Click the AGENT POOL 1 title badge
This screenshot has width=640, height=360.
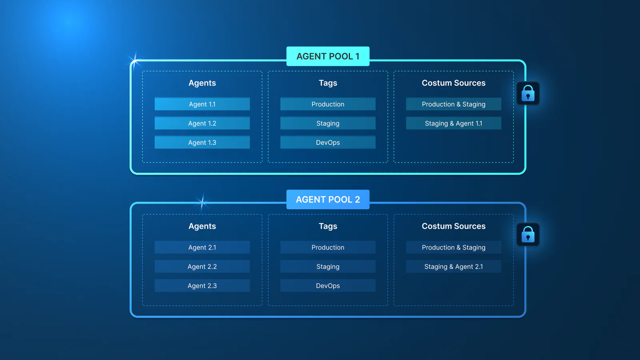point(328,56)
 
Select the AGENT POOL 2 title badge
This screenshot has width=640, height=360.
point(328,200)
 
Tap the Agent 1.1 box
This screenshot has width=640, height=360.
point(202,104)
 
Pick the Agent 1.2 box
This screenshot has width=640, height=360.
point(202,123)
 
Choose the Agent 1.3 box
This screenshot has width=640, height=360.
point(202,142)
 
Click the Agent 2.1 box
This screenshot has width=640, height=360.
point(202,247)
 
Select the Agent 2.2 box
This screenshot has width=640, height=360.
point(202,266)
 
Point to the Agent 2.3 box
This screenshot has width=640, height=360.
point(202,286)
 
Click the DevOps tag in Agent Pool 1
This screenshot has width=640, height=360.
point(328,142)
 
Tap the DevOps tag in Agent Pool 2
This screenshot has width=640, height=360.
point(328,286)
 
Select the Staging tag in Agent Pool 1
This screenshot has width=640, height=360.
point(328,123)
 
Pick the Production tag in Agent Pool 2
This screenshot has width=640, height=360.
point(328,247)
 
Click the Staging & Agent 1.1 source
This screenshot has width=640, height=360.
point(453,123)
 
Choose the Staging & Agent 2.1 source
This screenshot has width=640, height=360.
point(453,266)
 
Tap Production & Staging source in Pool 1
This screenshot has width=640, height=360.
point(453,104)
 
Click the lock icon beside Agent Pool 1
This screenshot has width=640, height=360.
point(528,94)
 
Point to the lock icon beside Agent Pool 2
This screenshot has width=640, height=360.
point(528,235)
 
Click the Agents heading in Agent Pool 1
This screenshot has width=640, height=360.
point(202,83)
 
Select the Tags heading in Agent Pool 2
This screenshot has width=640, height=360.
point(328,226)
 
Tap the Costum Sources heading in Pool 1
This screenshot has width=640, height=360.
point(453,83)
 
